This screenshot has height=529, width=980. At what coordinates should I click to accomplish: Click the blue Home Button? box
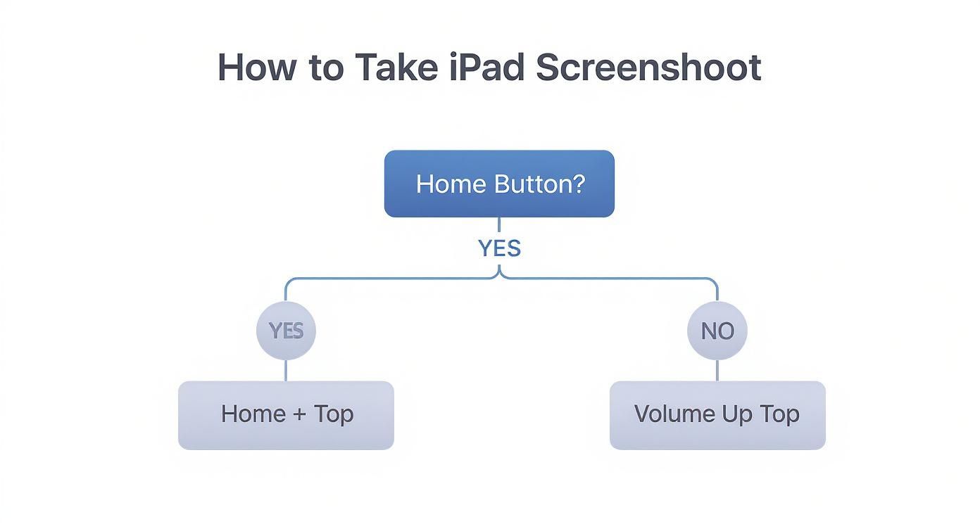(499, 184)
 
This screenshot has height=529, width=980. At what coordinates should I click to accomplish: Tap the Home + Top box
(286, 415)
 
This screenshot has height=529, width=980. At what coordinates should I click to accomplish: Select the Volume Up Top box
(717, 415)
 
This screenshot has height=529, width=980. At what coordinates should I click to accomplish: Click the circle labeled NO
(717, 331)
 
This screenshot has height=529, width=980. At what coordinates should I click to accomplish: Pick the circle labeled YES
(286, 331)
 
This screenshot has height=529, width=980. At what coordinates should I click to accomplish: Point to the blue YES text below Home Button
(499, 248)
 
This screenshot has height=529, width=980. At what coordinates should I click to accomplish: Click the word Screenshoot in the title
(648, 68)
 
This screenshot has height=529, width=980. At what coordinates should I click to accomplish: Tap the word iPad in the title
(486, 68)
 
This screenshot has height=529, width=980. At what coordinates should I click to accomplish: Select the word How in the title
(255, 68)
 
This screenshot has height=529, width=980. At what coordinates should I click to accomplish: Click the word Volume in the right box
(673, 414)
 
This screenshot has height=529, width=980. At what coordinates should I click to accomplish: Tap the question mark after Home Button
(578, 184)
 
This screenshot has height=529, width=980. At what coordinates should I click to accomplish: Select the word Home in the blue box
(451, 184)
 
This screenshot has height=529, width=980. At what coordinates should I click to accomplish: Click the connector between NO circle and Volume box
(717, 371)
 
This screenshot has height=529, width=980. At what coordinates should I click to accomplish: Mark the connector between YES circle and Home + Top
(286, 371)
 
